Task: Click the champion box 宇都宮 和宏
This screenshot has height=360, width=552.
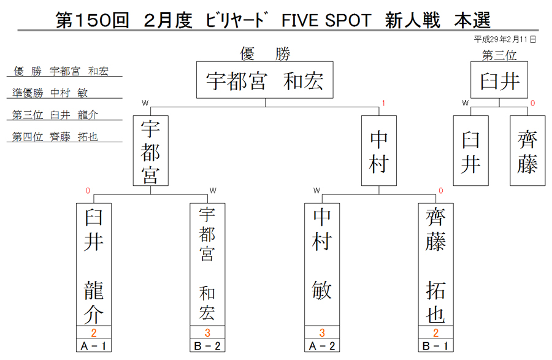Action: tap(265, 80)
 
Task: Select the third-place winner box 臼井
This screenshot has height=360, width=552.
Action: tap(499, 80)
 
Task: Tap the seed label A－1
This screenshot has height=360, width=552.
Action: tap(94, 346)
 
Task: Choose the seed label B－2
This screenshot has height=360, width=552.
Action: tap(207, 346)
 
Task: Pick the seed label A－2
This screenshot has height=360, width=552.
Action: tap(322, 346)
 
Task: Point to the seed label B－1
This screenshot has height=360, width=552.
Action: tap(436, 346)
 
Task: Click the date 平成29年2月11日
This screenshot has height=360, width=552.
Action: tap(505, 39)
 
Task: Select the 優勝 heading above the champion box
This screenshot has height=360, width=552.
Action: tap(265, 54)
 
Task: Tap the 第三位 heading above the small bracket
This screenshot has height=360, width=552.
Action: tap(499, 55)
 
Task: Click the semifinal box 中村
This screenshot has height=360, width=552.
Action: tap(379, 151)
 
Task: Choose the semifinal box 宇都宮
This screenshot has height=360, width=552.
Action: tap(151, 151)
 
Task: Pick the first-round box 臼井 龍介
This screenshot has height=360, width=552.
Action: tap(94, 264)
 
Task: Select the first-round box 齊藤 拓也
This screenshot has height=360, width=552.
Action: tap(436, 264)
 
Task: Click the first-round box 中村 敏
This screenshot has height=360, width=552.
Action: tap(322, 264)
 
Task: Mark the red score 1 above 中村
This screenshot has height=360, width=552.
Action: tap(383, 104)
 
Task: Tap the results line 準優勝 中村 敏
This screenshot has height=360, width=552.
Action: tap(50, 93)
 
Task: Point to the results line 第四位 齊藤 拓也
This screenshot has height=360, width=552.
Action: tap(55, 137)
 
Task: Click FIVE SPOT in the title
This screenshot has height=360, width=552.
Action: tap(326, 20)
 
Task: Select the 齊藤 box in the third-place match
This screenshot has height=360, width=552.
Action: tap(527, 151)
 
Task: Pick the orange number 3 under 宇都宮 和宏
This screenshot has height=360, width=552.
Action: tap(207, 332)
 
